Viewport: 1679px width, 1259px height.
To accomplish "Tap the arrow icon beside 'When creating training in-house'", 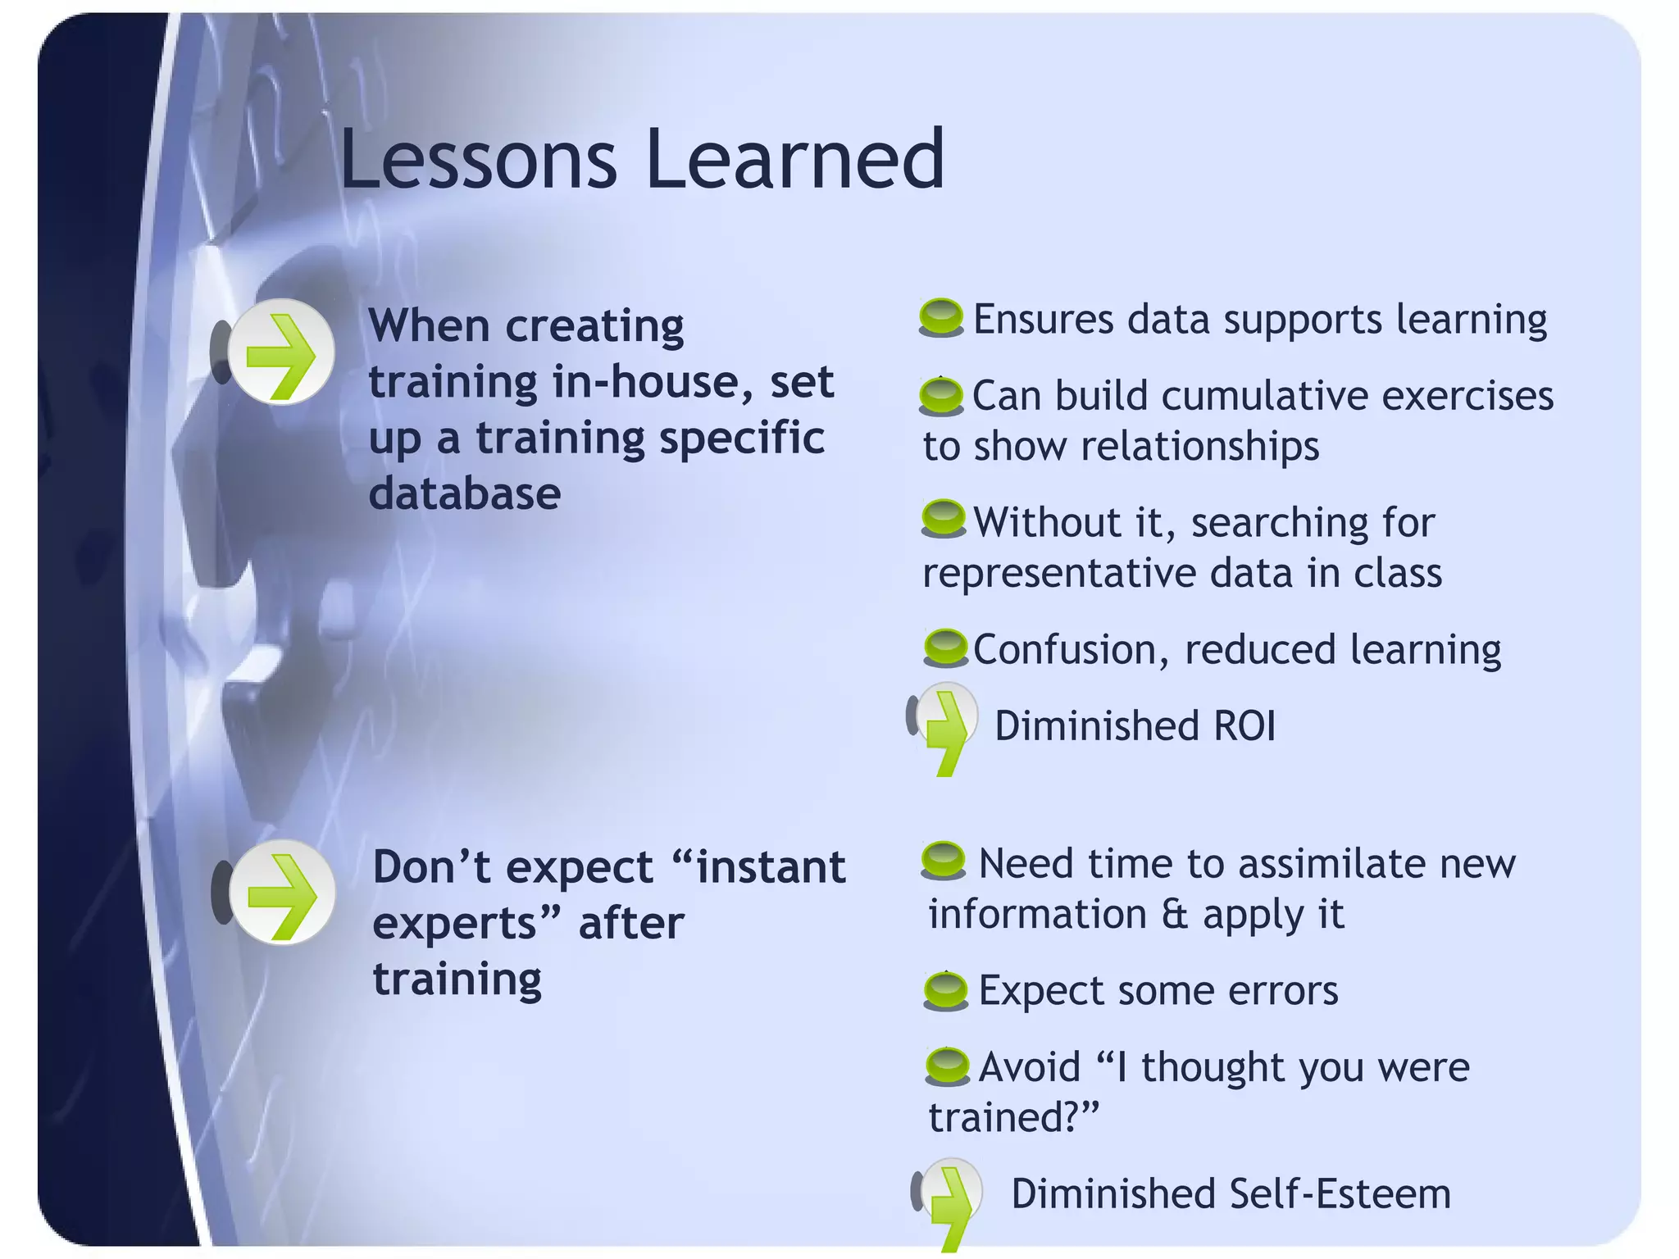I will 280,352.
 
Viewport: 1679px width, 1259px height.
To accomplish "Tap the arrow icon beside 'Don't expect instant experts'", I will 281,893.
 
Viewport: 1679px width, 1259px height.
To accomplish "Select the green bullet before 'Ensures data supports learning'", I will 941,317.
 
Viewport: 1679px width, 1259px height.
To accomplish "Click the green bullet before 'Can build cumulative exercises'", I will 941,396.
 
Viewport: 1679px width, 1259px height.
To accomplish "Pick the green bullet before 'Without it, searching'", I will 944,519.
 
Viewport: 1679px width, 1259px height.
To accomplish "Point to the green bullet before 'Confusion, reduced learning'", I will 946,648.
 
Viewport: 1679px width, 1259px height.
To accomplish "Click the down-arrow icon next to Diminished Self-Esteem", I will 950,1197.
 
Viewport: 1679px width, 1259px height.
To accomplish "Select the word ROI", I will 1244,726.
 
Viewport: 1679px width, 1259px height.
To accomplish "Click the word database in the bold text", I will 464,493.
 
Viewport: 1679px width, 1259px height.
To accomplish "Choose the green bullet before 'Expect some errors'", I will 946,990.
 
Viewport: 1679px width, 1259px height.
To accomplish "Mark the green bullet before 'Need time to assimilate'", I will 944,861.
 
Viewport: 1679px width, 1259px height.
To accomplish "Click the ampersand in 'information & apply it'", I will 1174,914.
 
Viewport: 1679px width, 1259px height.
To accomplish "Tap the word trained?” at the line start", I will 1012,1117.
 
